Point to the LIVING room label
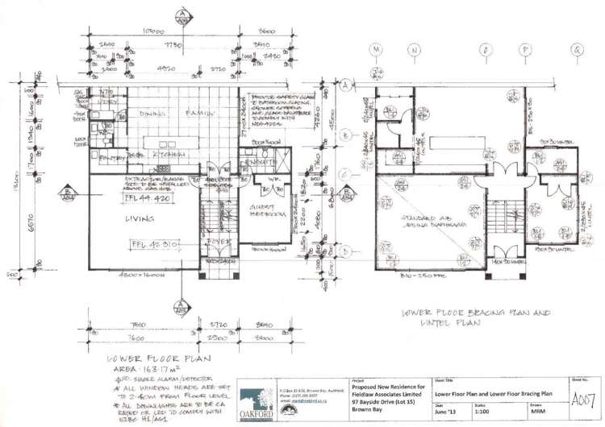(x=138, y=218)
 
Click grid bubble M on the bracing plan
(x=376, y=50)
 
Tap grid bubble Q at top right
(x=577, y=50)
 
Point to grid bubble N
(x=414, y=50)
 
